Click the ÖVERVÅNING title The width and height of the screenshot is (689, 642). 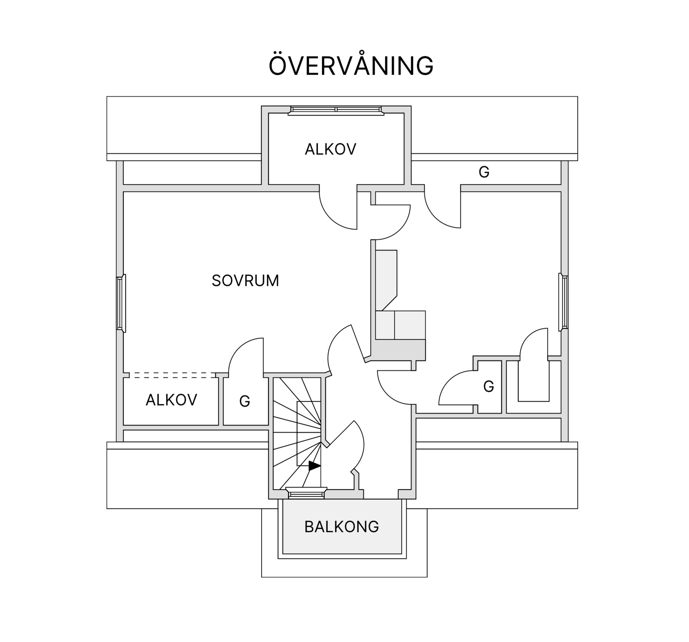click(x=351, y=65)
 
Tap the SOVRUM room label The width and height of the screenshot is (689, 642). click(x=245, y=281)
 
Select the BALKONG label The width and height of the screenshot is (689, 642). click(x=342, y=527)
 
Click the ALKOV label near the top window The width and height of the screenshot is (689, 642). click(x=330, y=149)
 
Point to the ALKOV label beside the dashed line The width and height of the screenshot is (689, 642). click(x=171, y=400)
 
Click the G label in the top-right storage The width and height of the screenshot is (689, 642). click(x=484, y=172)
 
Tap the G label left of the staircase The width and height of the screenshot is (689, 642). click(x=244, y=401)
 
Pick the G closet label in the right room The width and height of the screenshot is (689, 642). click(x=488, y=387)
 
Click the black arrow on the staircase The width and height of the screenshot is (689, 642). click(x=314, y=466)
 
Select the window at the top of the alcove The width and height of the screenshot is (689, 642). click(x=336, y=110)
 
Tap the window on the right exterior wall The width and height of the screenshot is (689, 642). click(x=563, y=302)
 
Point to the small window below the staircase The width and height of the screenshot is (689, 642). click(x=306, y=494)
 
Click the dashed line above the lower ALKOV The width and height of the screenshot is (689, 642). click(x=172, y=375)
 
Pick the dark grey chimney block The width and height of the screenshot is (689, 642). click(x=398, y=350)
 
